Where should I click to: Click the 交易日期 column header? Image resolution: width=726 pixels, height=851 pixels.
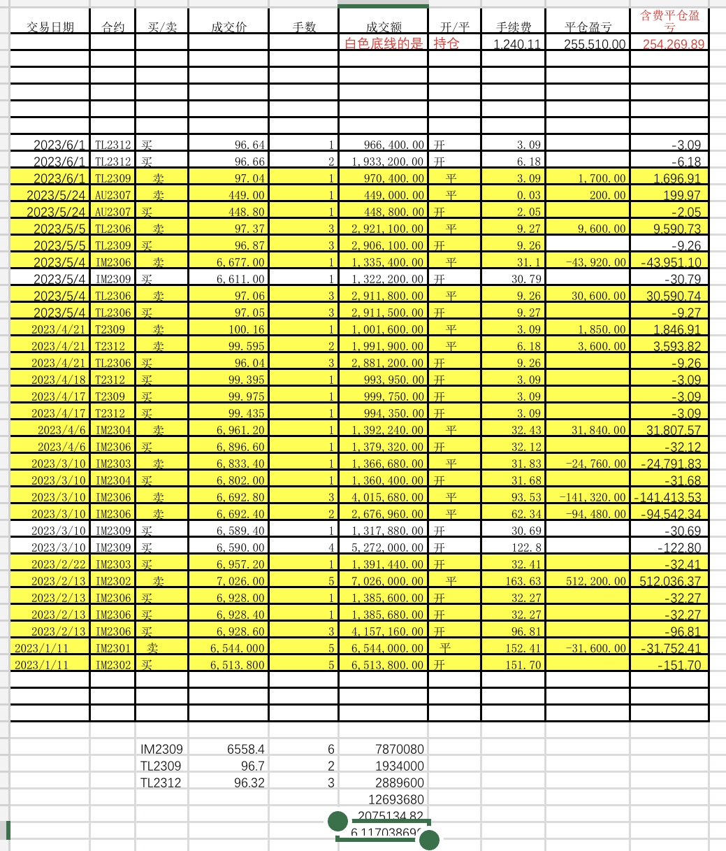[50, 27]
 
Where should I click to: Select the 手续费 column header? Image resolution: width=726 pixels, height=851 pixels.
[514, 27]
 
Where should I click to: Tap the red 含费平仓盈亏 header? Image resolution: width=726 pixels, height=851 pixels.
[669, 21]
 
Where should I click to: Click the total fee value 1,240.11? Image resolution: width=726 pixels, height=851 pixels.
[516, 45]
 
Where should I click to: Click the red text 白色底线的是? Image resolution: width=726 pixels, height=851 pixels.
[384, 43]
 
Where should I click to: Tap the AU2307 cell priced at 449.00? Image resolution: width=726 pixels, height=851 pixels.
[112, 195]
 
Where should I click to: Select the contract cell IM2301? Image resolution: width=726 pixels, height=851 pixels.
[112, 648]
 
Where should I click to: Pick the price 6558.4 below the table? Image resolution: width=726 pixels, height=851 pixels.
[245, 749]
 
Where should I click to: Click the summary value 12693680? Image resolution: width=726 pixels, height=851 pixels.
[395, 799]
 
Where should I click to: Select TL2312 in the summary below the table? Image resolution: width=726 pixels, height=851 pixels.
[161, 782]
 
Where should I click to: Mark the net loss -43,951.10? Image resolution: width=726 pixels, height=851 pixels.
[670, 262]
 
